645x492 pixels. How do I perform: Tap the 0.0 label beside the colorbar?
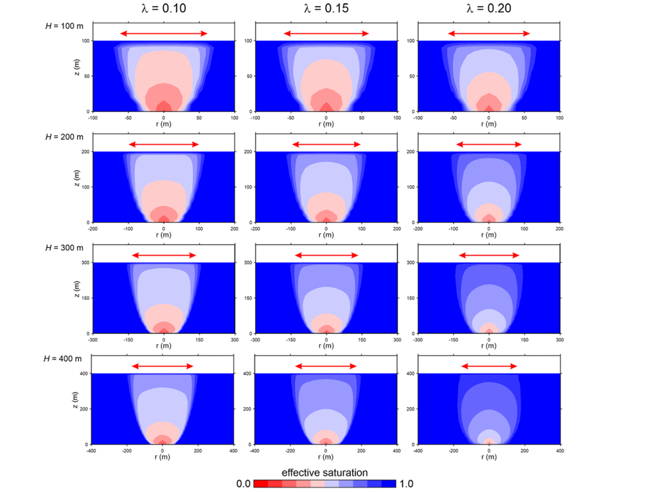pyautogui.click(x=244, y=484)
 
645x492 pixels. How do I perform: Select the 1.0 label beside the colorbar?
pyautogui.click(x=406, y=484)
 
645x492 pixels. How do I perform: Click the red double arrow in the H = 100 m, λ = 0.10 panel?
pyautogui.click(x=164, y=33)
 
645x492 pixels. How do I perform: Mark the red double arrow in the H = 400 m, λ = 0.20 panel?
pyautogui.click(x=489, y=366)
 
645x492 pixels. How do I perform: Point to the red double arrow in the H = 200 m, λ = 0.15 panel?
pyautogui.click(x=326, y=144)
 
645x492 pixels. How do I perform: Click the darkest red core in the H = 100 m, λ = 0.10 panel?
pyautogui.click(x=164, y=106)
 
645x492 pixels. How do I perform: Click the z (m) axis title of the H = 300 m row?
pyautogui.click(x=76, y=298)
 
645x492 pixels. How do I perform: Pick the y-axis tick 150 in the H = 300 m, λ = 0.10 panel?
pyautogui.click(x=85, y=298)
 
